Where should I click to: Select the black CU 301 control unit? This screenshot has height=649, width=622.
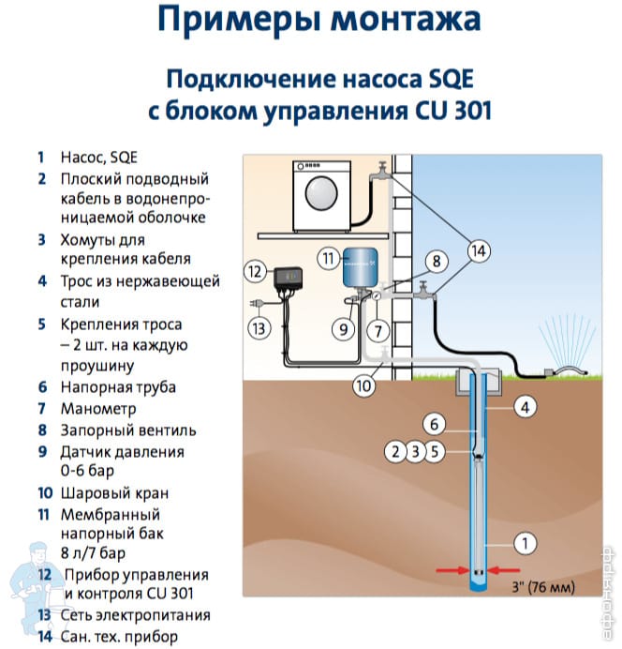[290, 279]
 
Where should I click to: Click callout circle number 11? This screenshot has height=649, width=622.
[327, 257]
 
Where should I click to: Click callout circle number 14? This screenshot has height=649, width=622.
[479, 250]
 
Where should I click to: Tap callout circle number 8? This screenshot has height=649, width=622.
[435, 262]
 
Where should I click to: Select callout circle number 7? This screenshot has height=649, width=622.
[378, 331]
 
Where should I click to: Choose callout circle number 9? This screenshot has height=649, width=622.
[344, 330]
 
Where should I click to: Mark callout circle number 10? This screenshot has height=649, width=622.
[364, 384]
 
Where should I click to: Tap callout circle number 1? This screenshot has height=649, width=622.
[526, 542]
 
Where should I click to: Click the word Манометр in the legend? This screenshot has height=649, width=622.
[98, 408]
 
